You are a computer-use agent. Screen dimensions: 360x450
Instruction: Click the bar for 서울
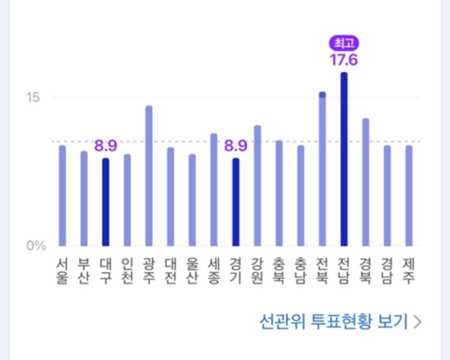(x=62, y=195)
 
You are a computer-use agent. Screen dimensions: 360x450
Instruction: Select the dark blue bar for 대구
(x=105, y=202)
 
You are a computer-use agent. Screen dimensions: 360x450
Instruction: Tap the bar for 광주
(x=149, y=175)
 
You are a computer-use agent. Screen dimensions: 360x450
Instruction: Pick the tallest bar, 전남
(x=343, y=159)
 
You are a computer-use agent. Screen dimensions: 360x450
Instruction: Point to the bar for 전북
(x=322, y=169)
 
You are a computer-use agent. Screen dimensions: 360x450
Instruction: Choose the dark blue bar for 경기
(x=236, y=202)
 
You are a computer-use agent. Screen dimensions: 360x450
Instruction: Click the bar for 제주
(x=409, y=195)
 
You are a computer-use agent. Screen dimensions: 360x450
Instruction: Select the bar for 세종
(x=214, y=189)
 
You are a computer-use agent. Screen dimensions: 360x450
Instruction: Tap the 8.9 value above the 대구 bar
(x=105, y=147)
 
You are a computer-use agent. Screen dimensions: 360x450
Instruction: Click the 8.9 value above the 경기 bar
(x=236, y=147)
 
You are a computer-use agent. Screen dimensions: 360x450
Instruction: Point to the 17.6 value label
(x=343, y=60)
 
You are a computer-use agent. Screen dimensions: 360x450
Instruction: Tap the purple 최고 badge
(x=343, y=43)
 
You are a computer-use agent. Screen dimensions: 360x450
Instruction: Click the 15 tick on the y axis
(x=33, y=98)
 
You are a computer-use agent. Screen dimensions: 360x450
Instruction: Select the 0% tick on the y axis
(x=36, y=245)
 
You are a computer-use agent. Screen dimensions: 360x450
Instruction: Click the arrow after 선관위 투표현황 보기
(x=418, y=322)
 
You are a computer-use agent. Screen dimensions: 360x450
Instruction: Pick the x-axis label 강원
(x=257, y=270)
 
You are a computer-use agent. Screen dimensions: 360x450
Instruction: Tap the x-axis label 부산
(x=84, y=270)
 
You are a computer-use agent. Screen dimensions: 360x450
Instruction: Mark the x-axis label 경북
(x=365, y=270)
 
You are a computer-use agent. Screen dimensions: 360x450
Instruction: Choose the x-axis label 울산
(x=192, y=270)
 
